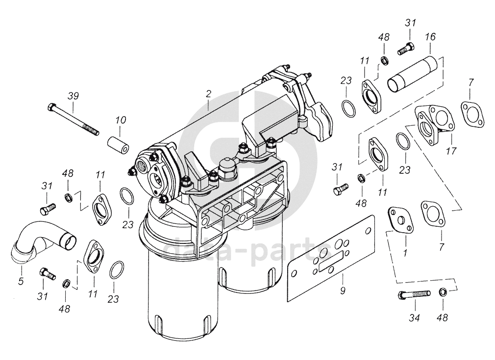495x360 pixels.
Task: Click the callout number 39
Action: (73, 96)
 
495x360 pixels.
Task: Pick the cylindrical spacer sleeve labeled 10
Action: (118, 145)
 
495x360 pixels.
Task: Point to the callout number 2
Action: (208, 94)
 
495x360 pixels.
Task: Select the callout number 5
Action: (21, 281)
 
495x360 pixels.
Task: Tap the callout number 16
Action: (430, 37)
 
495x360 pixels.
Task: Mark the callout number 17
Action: (451, 151)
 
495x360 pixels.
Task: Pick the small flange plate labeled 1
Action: (400, 220)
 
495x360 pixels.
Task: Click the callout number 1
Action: (405, 252)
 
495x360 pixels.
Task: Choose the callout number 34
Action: (414, 318)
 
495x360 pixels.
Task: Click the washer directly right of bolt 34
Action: (443, 292)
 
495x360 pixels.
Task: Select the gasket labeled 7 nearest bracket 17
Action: (472, 114)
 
